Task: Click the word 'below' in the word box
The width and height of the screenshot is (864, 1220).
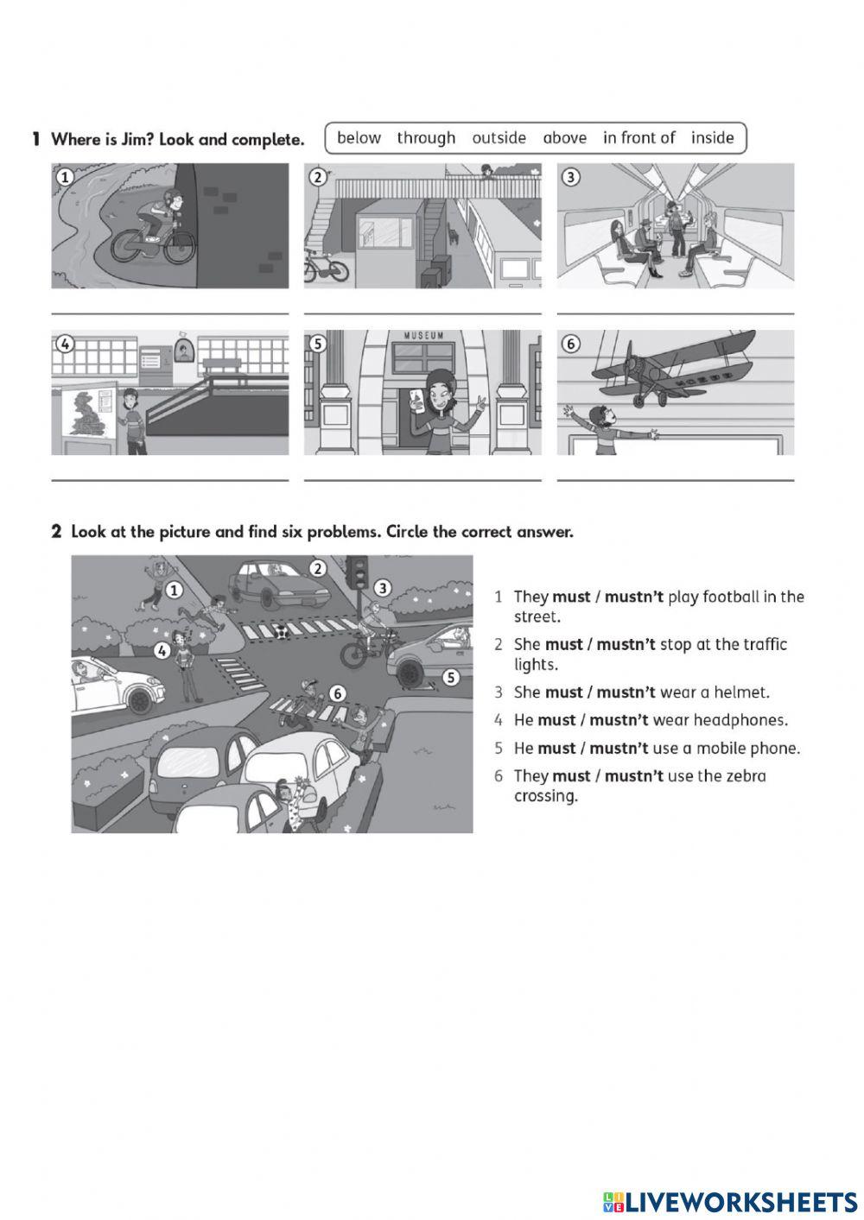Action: [x=359, y=138]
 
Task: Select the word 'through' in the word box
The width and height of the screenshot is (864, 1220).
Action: [x=426, y=138]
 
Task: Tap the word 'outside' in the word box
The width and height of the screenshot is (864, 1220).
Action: [x=499, y=138]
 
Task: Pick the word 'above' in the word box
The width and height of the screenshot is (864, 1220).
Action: [x=564, y=138]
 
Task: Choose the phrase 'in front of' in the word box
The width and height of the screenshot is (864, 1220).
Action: [x=638, y=138]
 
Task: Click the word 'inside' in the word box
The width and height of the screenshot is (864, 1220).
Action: [x=712, y=138]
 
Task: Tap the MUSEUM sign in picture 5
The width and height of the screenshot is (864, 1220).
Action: [x=423, y=336]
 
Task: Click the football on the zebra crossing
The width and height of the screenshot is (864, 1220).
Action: [x=281, y=633]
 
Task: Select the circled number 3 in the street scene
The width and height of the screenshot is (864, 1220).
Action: [x=382, y=588]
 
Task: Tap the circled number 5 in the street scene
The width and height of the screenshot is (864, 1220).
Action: [x=450, y=678]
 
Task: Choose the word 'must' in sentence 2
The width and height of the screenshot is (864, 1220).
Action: [x=563, y=644]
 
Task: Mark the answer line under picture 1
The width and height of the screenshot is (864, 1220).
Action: [x=169, y=313]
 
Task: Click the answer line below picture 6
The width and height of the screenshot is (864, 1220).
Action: [x=675, y=479]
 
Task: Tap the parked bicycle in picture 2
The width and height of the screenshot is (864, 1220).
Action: [x=327, y=267]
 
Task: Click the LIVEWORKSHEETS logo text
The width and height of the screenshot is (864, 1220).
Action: [x=740, y=1201]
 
